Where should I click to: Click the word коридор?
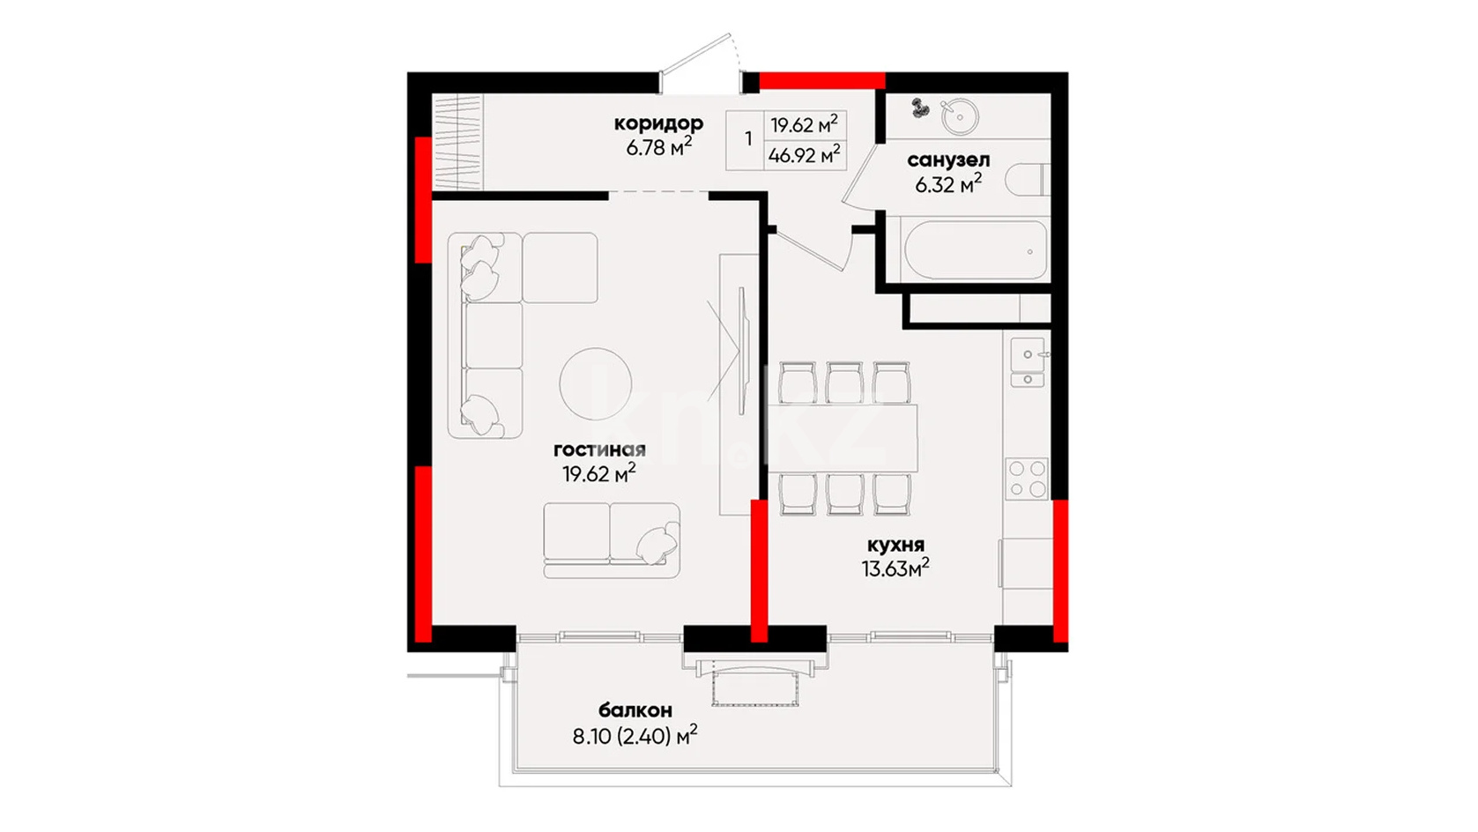tap(658, 123)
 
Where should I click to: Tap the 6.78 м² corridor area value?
tap(658, 145)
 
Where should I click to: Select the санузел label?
tap(948, 160)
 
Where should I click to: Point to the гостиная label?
tap(599, 450)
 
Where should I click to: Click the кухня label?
tap(895, 546)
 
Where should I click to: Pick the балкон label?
tap(635, 710)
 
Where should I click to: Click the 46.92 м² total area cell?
tap(805, 156)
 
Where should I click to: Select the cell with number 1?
tap(748, 139)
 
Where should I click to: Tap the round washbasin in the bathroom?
tap(960, 117)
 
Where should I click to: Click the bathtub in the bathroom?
tap(976, 250)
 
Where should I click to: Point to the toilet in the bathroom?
tap(1027, 180)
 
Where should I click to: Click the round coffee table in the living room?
tap(595, 384)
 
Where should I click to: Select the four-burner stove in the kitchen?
tap(1027, 478)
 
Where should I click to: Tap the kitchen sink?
tap(1028, 362)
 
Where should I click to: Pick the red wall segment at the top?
tap(822, 80)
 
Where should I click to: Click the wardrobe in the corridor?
tap(457, 142)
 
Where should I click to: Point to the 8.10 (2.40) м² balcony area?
tap(635, 735)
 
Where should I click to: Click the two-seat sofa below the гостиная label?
tap(612, 540)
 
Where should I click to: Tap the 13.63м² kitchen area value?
tap(895, 568)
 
